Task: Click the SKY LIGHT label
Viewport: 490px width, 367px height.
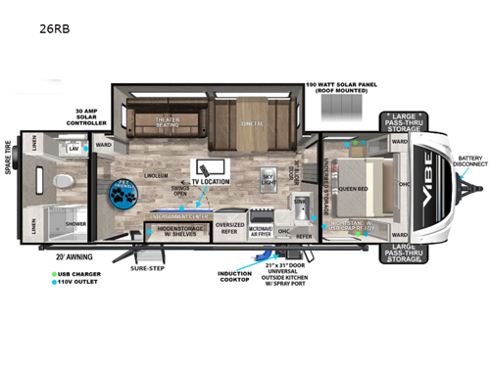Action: (268, 180)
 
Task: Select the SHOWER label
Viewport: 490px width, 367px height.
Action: (75, 222)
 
